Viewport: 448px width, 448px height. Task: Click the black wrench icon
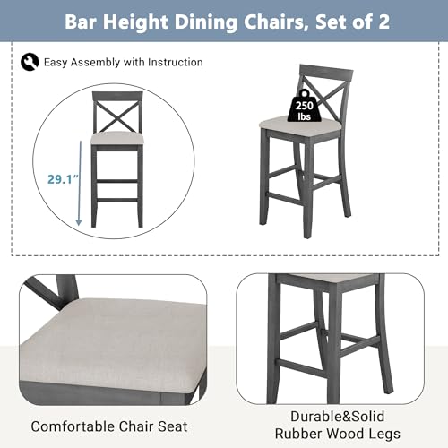pyautogui.click(x=30, y=62)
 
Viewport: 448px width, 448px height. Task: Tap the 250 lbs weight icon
pyautogui.click(x=305, y=106)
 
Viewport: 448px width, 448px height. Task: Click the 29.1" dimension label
pyautogui.click(x=63, y=179)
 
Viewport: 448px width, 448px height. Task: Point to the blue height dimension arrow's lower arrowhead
pyautogui.click(x=79, y=222)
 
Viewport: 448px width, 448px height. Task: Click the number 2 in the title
pyautogui.click(x=383, y=22)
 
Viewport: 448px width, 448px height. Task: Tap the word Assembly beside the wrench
pyautogui.click(x=95, y=63)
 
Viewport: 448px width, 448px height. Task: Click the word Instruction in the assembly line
pyautogui.click(x=176, y=62)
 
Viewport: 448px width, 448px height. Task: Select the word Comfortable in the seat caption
pyautogui.click(x=73, y=426)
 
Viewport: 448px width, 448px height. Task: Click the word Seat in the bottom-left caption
pyautogui.click(x=173, y=426)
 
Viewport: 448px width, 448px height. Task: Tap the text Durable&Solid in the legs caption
pyautogui.click(x=338, y=417)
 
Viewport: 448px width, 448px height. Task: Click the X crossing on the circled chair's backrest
pyautogui.click(x=117, y=117)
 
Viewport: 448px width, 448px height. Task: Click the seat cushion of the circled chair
pyautogui.click(x=117, y=138)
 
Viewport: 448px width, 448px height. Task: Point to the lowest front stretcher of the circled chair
pyautogui.click(x=117, y=200)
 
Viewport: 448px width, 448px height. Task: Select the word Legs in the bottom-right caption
pyautogui.click(x=385, y=434)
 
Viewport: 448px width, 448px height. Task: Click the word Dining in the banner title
pyautogui.click(x=205, y=22)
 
